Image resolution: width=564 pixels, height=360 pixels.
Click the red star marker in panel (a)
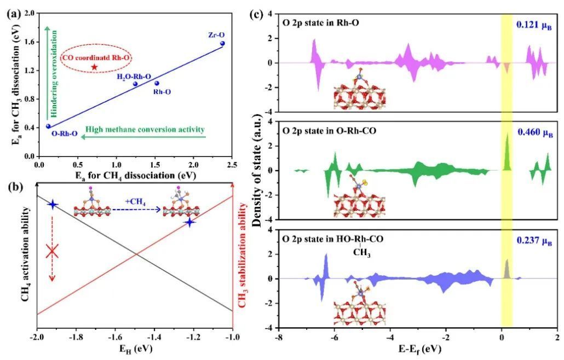(x=94, y=67)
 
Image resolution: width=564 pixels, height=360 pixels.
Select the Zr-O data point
(x=222, y=43)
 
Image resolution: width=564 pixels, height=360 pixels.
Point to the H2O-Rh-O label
(x=134, y=77)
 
